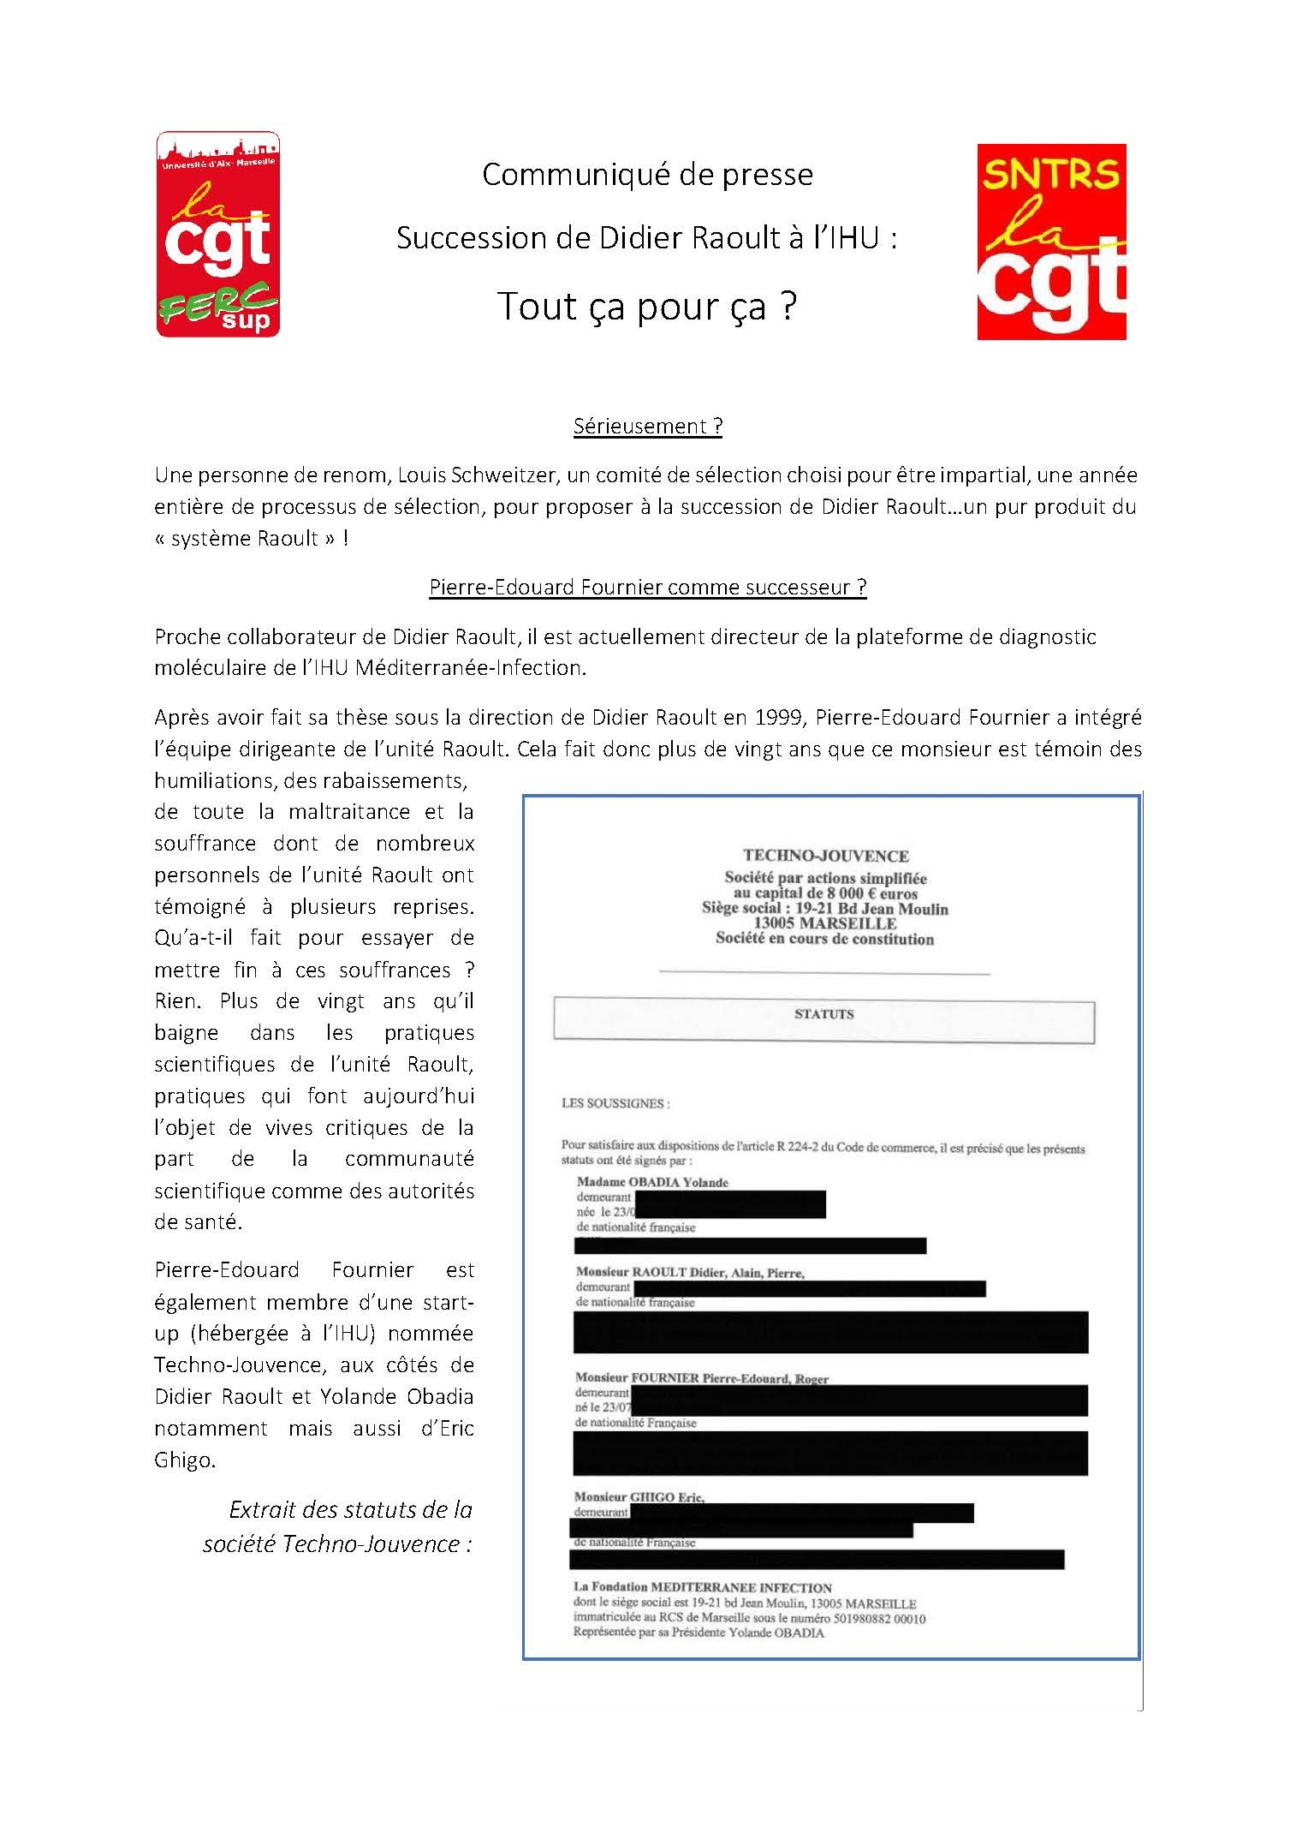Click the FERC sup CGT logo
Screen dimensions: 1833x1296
[x=217, y=234]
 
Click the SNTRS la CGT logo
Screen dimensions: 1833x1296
[x=1050, y=242]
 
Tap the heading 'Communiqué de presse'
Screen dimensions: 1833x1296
[x=647, y=175]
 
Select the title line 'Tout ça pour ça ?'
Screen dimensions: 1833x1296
[x=647, y=307]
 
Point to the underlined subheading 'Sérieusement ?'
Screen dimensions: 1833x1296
[x=647, y=427]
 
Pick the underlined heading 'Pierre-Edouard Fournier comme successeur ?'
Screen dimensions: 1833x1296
[x=647, y=588]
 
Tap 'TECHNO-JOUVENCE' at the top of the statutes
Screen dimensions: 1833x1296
[x=825, y=856]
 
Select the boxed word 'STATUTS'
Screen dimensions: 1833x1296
[x=823, y=1014]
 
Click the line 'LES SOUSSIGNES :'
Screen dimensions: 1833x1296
[x=615, y=1103]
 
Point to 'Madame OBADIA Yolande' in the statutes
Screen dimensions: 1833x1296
[x=651, y=1182]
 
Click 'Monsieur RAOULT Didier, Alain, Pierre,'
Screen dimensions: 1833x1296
[x=690, y=1273]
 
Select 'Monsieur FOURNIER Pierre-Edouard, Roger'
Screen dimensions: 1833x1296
[x=701, y=1378]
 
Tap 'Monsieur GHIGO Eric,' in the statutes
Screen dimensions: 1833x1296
[x=639, y=1497]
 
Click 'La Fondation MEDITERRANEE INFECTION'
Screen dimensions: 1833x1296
[x=702, y=1587]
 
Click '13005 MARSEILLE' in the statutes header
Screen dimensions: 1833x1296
[x=824, y=923]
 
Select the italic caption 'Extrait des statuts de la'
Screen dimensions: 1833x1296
[x=350, y=1509]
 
